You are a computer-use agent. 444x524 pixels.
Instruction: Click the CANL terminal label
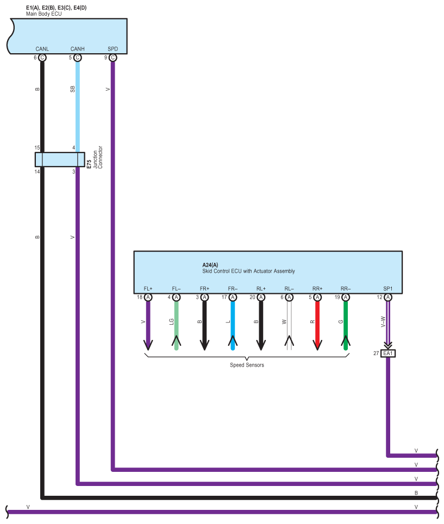pos(42,49)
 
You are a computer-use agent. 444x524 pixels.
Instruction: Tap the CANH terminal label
pos(78,49)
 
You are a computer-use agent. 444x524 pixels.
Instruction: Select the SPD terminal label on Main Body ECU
pos(112,49)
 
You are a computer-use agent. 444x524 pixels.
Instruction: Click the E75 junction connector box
pos(60,160)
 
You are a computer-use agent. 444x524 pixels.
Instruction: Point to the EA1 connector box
pos(388,353)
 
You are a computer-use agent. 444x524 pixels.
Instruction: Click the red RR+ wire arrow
pos(317,325)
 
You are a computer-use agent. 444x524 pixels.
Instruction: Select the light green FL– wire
pos(176,325)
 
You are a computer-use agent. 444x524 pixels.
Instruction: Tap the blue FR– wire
pos(233,325)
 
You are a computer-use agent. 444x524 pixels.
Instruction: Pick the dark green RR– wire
pos(346,325)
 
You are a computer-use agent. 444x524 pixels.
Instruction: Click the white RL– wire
pos(289,325)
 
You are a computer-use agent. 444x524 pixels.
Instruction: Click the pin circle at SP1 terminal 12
pos(388,297)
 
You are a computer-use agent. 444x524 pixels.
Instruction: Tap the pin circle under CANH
pos(78,58)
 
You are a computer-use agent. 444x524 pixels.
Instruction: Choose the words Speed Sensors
pos(247,365)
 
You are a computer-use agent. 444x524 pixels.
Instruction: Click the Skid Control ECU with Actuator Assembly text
pos(248,271)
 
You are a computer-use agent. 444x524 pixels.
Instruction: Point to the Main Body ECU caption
pos(44,14)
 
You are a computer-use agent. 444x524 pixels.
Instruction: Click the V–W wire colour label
pos(383,321)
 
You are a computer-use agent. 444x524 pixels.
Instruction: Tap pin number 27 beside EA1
pos(376,353)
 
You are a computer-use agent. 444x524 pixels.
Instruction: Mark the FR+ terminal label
pos(205,288)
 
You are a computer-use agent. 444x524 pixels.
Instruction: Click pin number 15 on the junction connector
pos(37,147)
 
